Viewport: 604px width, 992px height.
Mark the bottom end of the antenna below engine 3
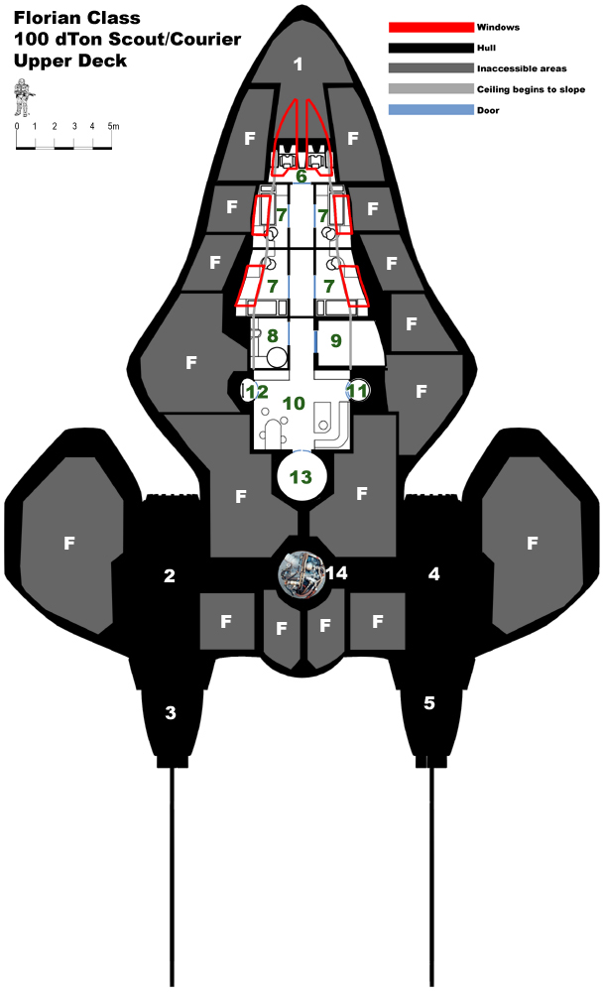(172, 986)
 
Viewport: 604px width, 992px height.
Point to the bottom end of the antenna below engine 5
(433, 986)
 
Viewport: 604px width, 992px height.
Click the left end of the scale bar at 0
(17, 148)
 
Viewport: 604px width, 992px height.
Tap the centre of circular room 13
(302, 476)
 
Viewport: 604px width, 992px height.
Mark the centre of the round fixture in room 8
(277, 357)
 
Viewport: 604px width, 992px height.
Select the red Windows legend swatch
(430, 27)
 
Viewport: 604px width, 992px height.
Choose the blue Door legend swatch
(430, 110)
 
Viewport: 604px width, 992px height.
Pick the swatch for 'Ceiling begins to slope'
(430, 89)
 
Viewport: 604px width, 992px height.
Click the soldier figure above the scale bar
(24, 97)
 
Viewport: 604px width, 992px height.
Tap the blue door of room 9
(315, 341)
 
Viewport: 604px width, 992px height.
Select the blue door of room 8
(289, 333)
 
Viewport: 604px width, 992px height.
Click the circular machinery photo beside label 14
(302, 573)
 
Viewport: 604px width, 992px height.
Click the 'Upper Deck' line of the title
(70, 61)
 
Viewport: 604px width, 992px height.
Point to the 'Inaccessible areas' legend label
(522, 68)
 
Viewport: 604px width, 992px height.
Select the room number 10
(294, 403)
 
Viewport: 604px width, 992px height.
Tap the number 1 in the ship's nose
(298, 63)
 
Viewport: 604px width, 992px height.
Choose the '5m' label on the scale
(113, 126)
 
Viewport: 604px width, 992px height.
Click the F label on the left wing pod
(69, 543)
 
